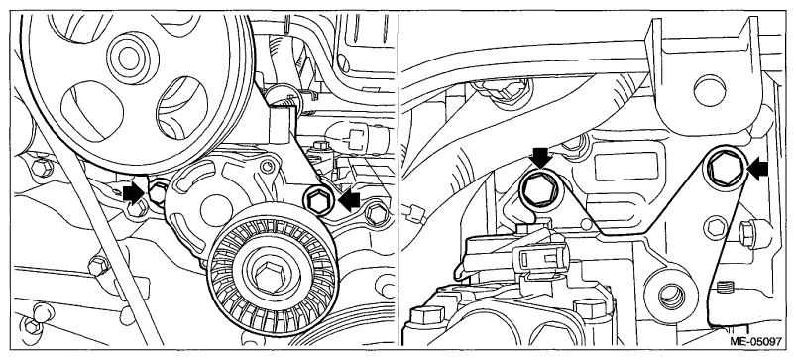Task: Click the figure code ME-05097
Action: point(756,342)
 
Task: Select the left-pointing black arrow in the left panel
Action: point(349,201)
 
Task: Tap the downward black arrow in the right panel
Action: point(541,157)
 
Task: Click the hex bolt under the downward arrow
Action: point(538,189)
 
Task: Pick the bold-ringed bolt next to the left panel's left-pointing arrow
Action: point(318,203)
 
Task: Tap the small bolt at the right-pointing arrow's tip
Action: point(159,191)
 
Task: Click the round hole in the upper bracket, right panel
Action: point(709,90)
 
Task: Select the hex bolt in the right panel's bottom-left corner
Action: point(422,316)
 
